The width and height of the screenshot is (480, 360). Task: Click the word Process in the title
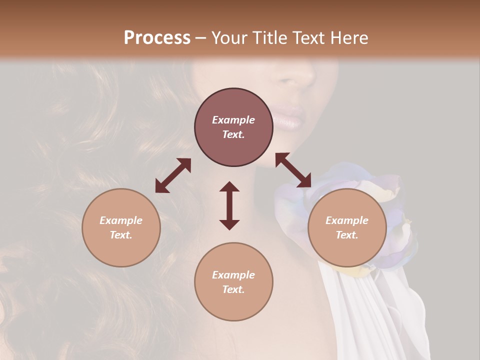tap(157, 38)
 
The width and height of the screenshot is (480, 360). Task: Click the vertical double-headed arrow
tap(229, 205)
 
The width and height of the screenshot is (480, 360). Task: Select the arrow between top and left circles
tap(173, 175)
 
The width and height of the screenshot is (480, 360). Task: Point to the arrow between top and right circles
tap(293, 170)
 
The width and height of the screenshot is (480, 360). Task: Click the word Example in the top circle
tap(233, 120)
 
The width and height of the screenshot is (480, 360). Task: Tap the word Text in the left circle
tap(121, 235)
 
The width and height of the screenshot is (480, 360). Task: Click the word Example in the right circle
tap(347, 220)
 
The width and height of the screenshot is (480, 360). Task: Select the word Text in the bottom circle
tap(233, 289)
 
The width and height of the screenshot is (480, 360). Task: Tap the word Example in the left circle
tap(121, 220)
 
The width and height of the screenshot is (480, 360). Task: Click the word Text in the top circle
tap(233, 134)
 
